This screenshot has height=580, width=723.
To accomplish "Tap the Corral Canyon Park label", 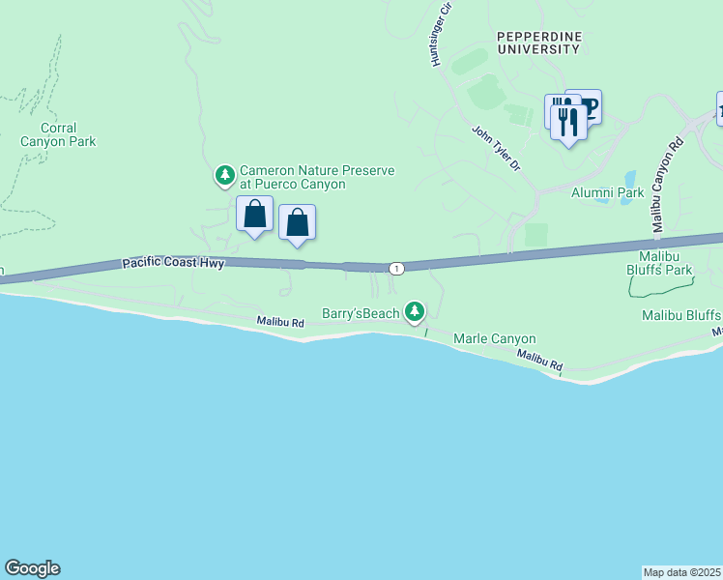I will (x=59, y=134).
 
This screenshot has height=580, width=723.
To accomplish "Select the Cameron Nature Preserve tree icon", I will (x=225, y=175).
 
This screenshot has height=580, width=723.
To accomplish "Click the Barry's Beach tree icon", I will (x=415, y=310).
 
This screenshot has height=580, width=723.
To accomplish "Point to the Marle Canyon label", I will (x=494, y=339).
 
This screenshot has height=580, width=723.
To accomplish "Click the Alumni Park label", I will (x=607, y=192).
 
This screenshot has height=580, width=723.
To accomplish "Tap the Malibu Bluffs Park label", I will (x=665, y=263).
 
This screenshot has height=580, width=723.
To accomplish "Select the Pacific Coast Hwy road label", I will (x=173, y=263).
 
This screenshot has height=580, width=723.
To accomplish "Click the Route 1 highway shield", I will (x=396, y=267).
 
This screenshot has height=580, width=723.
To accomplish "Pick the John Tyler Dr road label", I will (x=496, y=149).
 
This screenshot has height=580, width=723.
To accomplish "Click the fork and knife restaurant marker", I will (x=568, y=121).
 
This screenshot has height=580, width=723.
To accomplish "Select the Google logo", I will (x=32, y=568).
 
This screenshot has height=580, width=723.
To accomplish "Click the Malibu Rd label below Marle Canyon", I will (x=538, y=362).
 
